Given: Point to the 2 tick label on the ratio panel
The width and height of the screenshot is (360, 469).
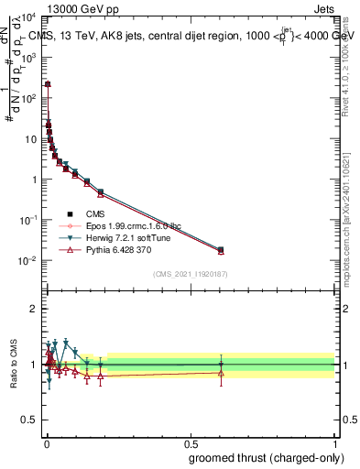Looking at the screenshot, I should click(x=34, y=309).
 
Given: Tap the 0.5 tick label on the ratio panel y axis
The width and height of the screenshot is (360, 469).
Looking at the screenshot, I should click(x=29, y=420).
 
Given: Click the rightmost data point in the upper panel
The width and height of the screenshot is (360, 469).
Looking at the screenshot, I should click(x=220, y=249).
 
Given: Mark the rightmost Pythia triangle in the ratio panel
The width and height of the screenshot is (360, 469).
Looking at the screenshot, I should click(x=220, y=372).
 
